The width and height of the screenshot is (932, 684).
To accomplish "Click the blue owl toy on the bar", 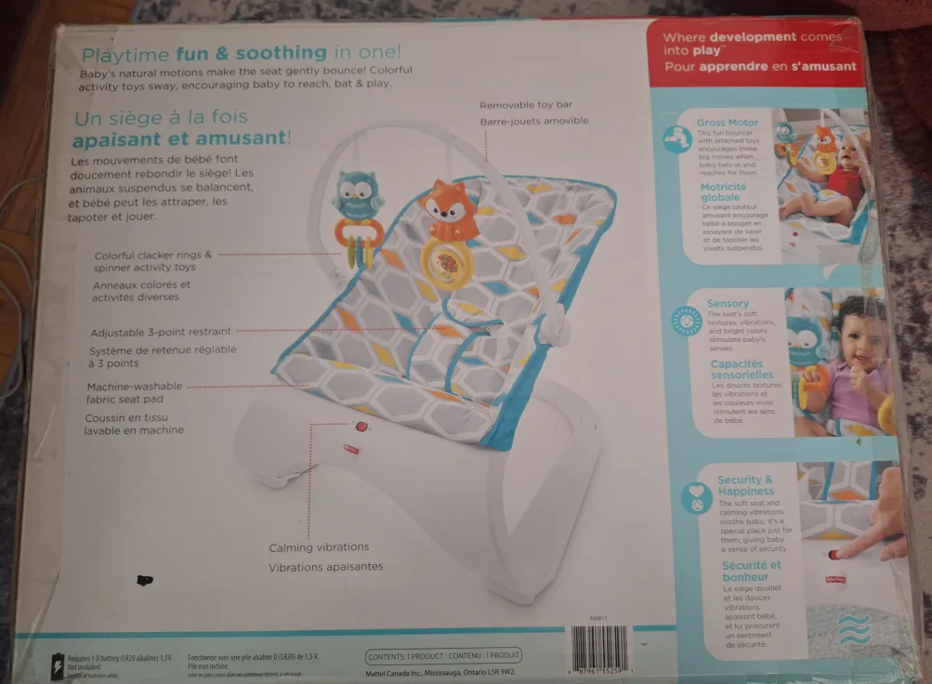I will pyautogui.click(x=358, y=194).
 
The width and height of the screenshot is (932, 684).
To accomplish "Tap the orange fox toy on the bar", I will pyautogui.click(x=449, y=210).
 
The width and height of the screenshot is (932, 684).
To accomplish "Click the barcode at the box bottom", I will pyautogui.click(x=598, y=649).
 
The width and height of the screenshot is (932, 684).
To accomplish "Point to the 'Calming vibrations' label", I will pyautogui.click(x=319, y=547).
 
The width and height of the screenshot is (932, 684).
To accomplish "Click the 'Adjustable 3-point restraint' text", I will pyautogui.click(x=161, y=332).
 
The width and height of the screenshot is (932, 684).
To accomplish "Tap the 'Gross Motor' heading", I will pyautogui.click(x=728, y=122).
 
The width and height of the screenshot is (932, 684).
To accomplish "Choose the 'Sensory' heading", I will pyautogui.click(x=728, y=303).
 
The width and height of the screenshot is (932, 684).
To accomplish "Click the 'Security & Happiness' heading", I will pyautogui.click(x=745, y=485).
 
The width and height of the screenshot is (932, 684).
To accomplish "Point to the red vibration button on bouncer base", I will pyautogui.click(x=361, y=427).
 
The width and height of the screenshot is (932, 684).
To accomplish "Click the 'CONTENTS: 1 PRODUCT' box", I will pyautogui.click(x=444, y=656).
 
